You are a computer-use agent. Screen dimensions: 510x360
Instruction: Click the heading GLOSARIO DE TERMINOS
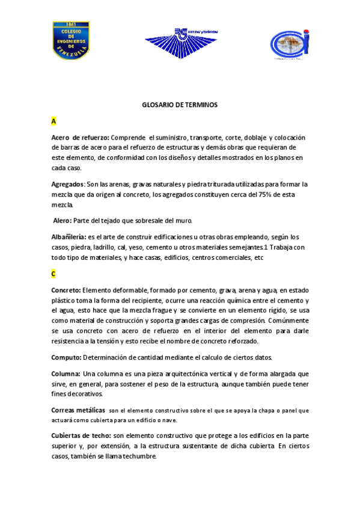[x=179, y=105]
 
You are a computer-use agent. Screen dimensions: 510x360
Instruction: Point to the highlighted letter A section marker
[x=53, y=121]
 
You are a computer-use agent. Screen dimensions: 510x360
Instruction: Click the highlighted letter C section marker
[x=53, y=274]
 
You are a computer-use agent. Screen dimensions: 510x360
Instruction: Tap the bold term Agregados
[x=67, y=184]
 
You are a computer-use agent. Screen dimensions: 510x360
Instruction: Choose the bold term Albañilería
[x=69, y=237]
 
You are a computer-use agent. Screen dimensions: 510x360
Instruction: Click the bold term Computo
[x=66, y=357]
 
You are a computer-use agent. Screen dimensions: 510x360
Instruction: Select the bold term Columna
[x=66, y=373]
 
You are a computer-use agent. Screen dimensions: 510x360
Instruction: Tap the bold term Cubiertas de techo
[x=81, y=435]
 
